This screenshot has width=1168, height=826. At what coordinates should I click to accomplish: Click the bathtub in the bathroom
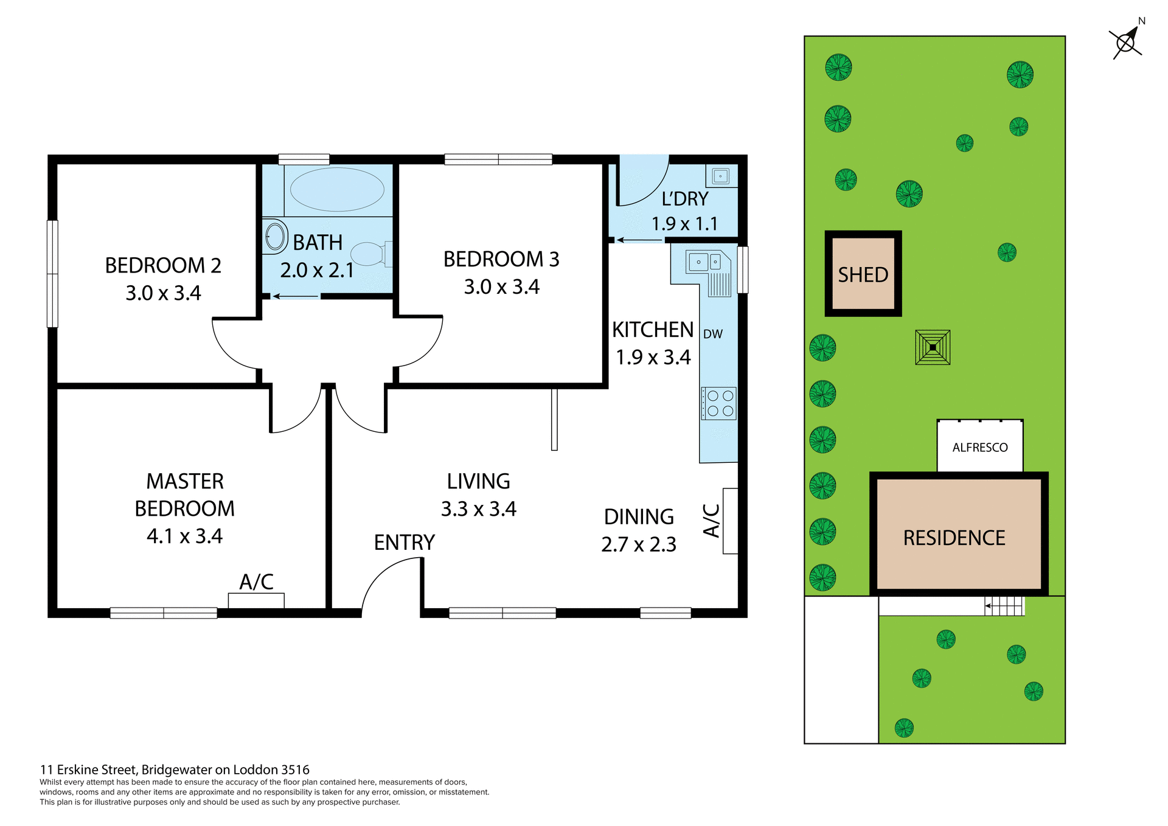point(337,189)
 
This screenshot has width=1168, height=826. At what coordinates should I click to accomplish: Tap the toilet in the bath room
point(370,254)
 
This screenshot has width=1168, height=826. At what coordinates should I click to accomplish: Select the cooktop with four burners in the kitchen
point(719,403)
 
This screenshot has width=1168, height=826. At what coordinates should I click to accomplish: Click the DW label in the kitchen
point(712,334)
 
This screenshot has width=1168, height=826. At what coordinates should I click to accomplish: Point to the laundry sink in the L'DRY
point(720,176)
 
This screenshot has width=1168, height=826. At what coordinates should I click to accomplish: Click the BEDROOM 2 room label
point(163,266)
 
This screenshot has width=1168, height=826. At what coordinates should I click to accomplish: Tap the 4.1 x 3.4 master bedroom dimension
point(184,536)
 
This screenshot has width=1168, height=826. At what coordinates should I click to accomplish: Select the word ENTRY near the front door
point(404,543)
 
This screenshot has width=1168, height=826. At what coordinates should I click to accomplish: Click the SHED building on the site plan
point(863,274)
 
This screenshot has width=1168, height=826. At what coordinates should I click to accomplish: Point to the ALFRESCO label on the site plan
point(979,448)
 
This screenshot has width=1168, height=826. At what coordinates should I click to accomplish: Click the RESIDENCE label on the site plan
point(954,538)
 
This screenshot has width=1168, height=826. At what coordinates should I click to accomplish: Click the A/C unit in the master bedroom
point(256,600)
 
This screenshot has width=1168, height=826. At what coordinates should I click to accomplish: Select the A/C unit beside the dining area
point(730,521)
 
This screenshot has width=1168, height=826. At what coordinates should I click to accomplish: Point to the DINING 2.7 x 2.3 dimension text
point(638,544)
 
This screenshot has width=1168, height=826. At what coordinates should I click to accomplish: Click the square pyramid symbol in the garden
point(933,347)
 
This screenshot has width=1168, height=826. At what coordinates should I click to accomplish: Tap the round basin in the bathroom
point(276,237)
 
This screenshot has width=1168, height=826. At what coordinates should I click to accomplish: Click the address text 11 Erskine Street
point(175,770)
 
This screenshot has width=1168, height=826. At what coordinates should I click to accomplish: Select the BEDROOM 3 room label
point(501,259)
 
